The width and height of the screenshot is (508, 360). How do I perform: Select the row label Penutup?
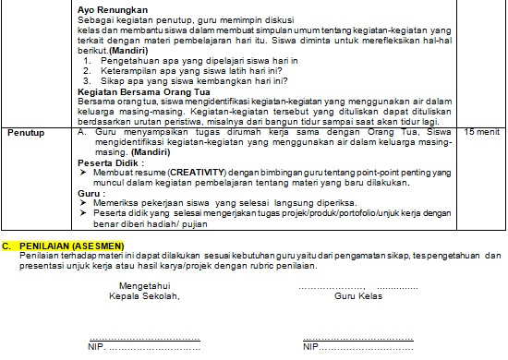(27, 133)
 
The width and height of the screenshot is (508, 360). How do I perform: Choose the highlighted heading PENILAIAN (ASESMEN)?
(69, 246)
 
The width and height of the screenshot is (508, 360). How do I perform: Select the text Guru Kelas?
(357, 295)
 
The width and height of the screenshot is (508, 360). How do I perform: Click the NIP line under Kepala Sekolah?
(143, 349)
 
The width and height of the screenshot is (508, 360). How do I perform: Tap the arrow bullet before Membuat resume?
(83, 173)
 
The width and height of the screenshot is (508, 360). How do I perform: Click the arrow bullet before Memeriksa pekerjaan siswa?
(83, 204)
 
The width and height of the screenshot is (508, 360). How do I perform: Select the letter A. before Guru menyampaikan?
(82, 133)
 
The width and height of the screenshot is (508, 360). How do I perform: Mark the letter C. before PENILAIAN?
(6, 246)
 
